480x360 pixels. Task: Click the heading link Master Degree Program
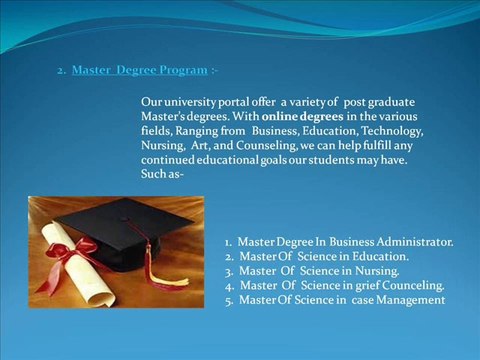coord(140,71)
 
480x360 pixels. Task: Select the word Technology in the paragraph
coord(393,131)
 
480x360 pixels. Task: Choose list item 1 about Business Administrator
coord(339,242)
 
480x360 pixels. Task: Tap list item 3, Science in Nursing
coord(312,270)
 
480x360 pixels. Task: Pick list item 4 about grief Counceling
coord(334,285)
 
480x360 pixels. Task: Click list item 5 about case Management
coord(334,299)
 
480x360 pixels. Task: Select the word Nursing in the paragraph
coord(163,145)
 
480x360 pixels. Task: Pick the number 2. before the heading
coord(61,71)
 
